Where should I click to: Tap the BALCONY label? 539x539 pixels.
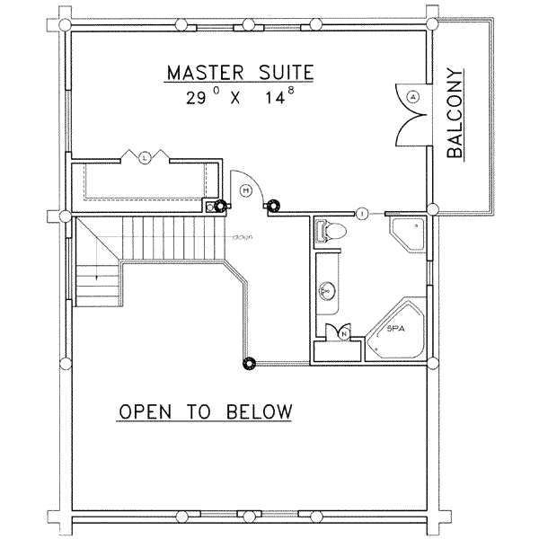455,114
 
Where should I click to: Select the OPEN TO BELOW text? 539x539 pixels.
206,412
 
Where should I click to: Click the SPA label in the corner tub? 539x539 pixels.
395,330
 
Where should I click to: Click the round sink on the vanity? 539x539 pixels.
327,290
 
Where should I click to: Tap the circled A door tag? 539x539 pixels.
412,96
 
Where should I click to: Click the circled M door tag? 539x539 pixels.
245,188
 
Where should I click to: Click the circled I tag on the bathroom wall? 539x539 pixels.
361,213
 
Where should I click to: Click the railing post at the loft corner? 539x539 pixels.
248,363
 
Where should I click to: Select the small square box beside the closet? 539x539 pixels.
210,205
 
